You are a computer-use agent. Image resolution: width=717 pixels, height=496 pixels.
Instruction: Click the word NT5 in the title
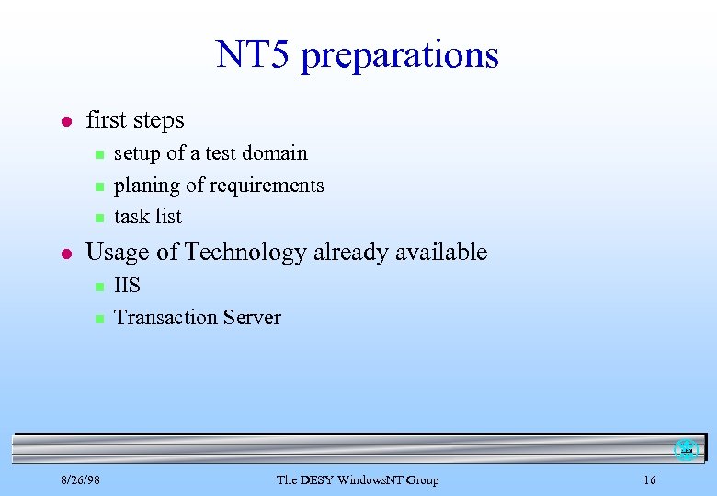tap(254, 55)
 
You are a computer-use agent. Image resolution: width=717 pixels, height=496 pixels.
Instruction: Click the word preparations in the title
tap(399, 57)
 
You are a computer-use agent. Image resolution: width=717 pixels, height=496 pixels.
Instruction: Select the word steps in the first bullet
tap(157, 121)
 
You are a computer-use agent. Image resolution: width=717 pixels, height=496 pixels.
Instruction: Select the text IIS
tap(127, 285)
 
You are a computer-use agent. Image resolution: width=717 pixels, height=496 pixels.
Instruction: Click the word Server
tap(254, 317)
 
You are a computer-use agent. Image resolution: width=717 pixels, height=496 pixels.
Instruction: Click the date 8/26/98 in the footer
tap(81, 479)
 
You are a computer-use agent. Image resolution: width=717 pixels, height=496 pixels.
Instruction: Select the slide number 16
tap(649, 479)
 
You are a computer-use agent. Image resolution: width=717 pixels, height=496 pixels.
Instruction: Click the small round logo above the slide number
tap(686, 449)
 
